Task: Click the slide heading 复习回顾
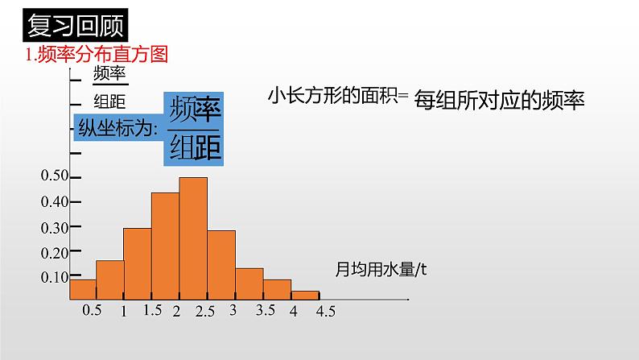74,25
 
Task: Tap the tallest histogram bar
193,238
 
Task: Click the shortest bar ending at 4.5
305,296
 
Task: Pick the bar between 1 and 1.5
138,264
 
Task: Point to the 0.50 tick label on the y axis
55,176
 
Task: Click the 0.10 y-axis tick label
55,277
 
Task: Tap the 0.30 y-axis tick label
55,227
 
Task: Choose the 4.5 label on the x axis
326,312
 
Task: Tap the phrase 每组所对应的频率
499,101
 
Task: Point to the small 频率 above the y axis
110,74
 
